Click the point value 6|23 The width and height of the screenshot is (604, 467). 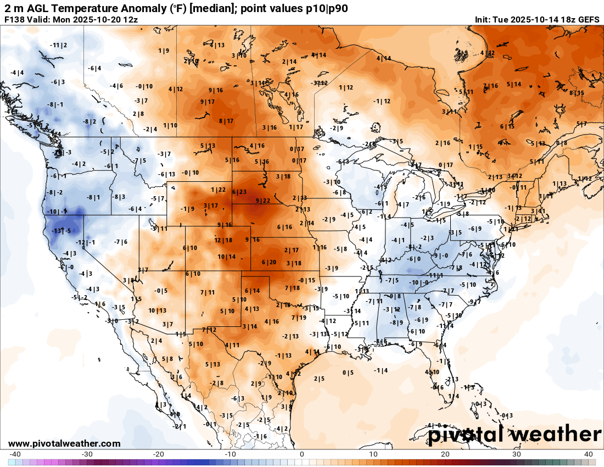[x=239, y=192]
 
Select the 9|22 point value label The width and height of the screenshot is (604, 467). [x=263, y=201]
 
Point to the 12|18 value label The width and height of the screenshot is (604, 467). [x=223, y=240]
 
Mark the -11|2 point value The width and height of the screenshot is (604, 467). [x=58, y=45]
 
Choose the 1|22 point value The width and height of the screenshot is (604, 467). [x=219, y=190]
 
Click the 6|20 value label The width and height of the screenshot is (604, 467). [x=269, y=262]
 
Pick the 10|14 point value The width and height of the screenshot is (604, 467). [x=227, y=257]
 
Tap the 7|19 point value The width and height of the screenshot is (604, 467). [x=299, y=318]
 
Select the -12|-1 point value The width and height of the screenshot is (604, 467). [x=86, y=243]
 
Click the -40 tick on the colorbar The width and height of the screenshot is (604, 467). [x=15, y=454]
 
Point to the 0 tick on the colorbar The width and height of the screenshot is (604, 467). [x=302, y=454]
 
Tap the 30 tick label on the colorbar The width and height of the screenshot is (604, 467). [x=517, y=454]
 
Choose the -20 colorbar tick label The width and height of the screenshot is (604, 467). [x=159, y=454]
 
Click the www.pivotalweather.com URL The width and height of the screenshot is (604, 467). [x=64, y=443]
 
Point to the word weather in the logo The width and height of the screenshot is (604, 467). [x=552, y=434]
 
